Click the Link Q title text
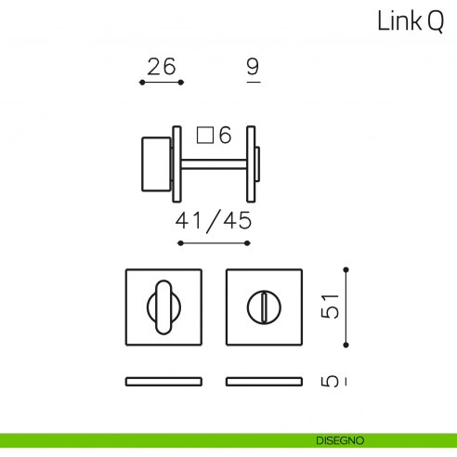[410, 22]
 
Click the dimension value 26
[161, 67]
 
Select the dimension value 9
[253, 67]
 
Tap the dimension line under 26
[161, 84]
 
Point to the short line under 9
[253, 84]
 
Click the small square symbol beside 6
[206, 136]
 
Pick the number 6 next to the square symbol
[224, 136]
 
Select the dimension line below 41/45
[214, 243]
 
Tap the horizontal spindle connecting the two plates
[213, 164]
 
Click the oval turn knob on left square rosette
[163, 306]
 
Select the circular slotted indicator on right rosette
[264, 306]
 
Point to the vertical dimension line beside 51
[346, 306]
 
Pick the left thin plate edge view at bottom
[163, 381]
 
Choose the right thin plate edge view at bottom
[264, 381]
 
